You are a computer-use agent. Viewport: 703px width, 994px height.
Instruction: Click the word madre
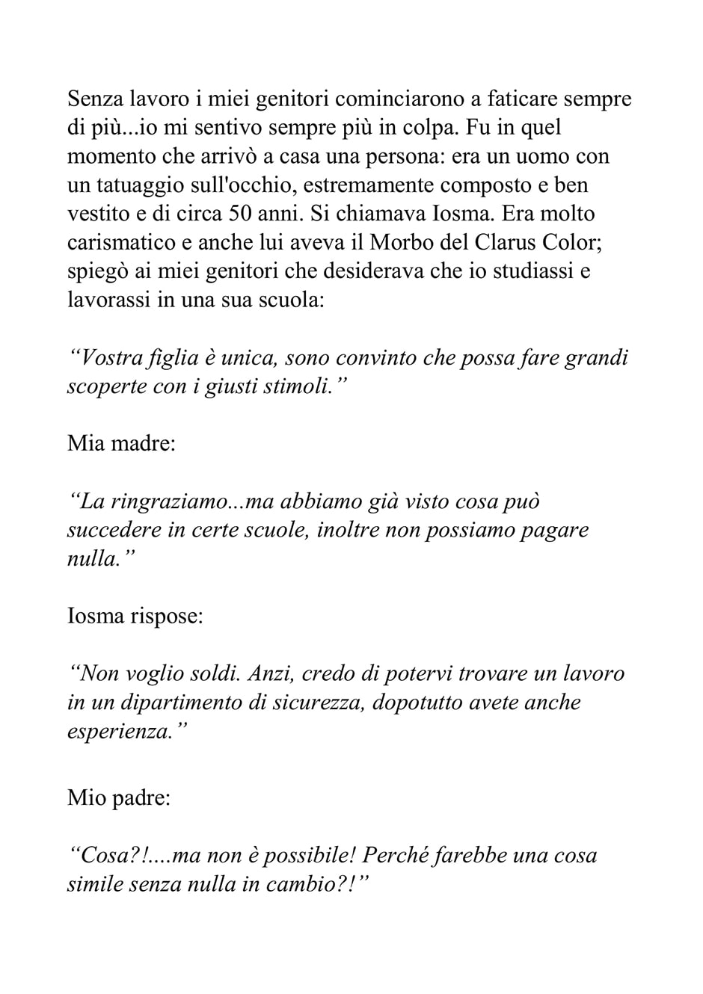click(x=142, y=444)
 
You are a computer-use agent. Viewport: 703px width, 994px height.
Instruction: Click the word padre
click(x=141, y=797)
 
